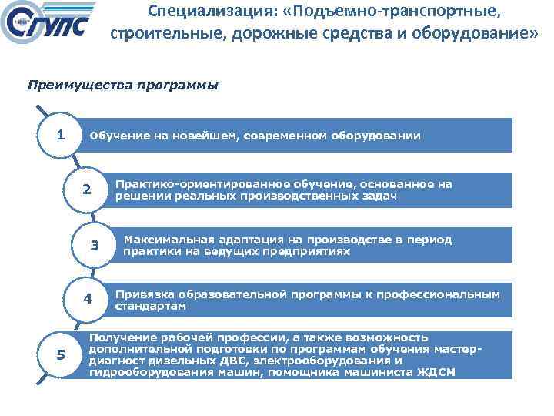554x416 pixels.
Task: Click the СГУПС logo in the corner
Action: (x=50, y=26)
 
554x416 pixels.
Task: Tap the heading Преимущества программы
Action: (x=123, y=86)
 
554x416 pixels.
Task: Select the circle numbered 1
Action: (x=60, y=136)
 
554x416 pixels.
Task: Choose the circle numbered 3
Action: (x=95, y=246)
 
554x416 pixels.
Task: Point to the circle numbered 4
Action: (x=88, y=299)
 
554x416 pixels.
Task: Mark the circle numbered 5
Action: (x=60, y=354)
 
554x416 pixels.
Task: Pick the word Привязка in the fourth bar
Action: (x=144, y=294)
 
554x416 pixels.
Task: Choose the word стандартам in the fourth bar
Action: (x=150, y=306)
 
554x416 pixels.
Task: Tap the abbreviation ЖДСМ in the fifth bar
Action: (x=438, y=372)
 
